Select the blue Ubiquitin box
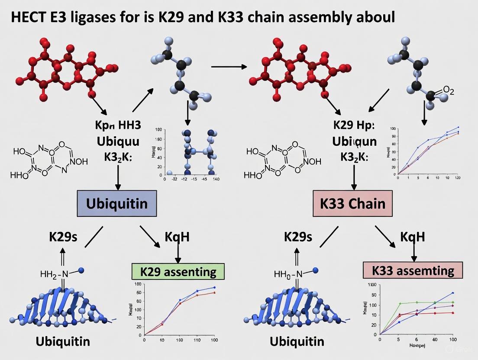click(x=116, y=203)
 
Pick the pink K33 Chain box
click(x=352, y=203)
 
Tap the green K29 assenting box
click(x=178, y=271)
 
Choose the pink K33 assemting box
click(x=412, y=270)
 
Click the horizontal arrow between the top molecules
click(x=228, y=67)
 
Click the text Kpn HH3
click(x=118, y=125)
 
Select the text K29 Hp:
click(x=354, y=125)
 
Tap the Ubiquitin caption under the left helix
click(x=63, y=341)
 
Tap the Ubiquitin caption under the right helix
click(x=297, y=341)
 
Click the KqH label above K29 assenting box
click(x=177, y=237)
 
